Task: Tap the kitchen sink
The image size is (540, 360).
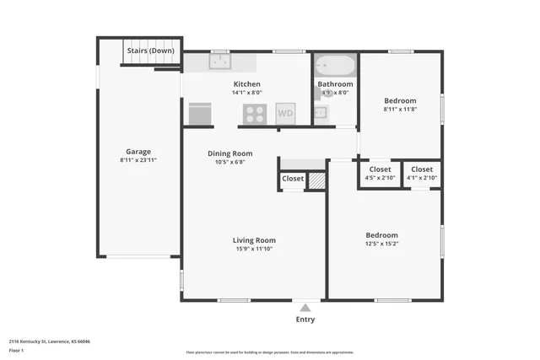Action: tap(219, 62)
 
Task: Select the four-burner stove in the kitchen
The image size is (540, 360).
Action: tap(256, 113)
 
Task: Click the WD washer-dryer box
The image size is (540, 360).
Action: tap(285, 113)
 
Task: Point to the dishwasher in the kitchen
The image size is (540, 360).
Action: tap(200, 113)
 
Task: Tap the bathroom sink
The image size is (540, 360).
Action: tap(321, 111)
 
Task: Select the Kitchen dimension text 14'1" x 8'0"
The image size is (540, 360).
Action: tap(247, 93)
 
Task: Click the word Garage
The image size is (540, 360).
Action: tap(138, 152)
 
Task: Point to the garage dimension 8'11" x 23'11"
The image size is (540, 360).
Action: tap(138, 160)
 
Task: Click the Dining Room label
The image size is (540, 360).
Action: tap(230, 153)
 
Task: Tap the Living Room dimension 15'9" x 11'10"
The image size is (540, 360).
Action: tap(254, 250)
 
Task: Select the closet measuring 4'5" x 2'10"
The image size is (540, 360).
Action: tap(380, 178)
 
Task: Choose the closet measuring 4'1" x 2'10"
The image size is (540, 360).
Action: tap(421, 178)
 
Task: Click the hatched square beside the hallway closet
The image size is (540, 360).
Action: tap(316, 180)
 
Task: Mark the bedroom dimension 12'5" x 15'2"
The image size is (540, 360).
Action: tap(381, 244)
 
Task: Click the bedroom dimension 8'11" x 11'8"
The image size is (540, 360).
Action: tap(400, 109)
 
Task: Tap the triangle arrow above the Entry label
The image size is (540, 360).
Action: tap(305, 308)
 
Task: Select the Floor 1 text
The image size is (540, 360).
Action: tap(16, 350)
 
